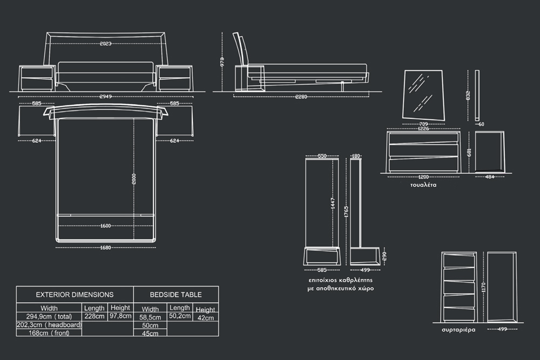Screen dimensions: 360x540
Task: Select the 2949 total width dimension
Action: coord(105,97)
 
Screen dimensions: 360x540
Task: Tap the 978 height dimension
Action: coord(222,62)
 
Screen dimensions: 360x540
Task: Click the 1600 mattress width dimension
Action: coord(105,226)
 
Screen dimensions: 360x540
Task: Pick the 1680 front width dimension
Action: coord(105,248)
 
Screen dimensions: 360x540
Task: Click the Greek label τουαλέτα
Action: coord(423,185)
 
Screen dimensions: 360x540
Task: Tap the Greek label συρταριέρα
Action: coord(458,329)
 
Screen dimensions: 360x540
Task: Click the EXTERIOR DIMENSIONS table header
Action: coord(75,295)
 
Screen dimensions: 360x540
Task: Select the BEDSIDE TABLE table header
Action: coord(175,295)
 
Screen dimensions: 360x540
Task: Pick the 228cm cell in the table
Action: coord(94,316)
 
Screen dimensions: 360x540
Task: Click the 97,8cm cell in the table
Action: coord(120,316)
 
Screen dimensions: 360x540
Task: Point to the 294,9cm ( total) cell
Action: coord(49,316)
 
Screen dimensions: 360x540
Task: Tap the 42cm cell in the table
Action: coord(205,318)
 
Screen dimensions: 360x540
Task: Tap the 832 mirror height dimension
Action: coord(468,95)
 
